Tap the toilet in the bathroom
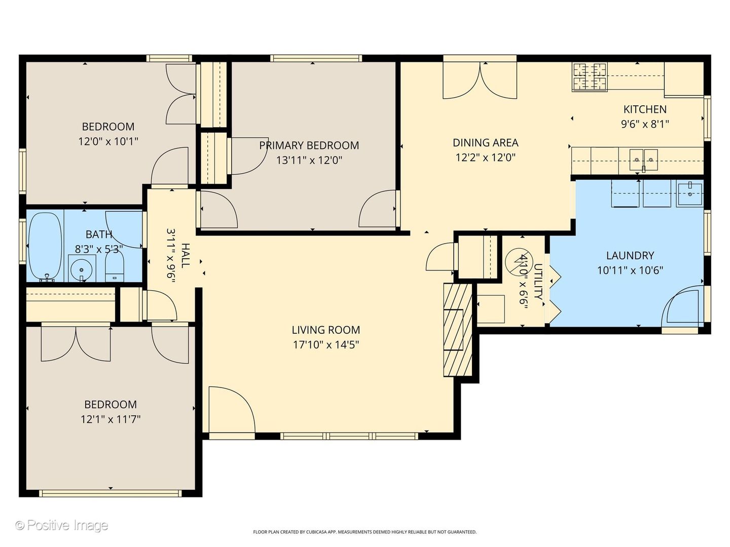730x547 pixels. (x=115, y=266)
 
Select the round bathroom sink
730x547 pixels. (x=82, y=268)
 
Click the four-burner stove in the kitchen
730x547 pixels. (x=590, y=76)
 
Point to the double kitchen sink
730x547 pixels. (x=643, y=160)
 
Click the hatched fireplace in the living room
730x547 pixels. (x=458, y=330)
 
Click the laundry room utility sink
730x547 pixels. (x=690, y=194)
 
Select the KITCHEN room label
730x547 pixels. (x=645, y=109)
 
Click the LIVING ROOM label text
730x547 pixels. (x=326, y=330)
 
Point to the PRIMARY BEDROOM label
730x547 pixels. (x=309, y=145)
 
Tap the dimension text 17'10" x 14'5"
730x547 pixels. (x=326, y=345)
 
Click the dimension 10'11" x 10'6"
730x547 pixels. (x=630, y=270)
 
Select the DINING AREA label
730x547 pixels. (x=486, y=143)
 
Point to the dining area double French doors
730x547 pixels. (x=480, y=81)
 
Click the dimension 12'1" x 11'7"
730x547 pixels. (x=111, y=419)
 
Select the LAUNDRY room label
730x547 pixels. (x=630, y=255)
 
